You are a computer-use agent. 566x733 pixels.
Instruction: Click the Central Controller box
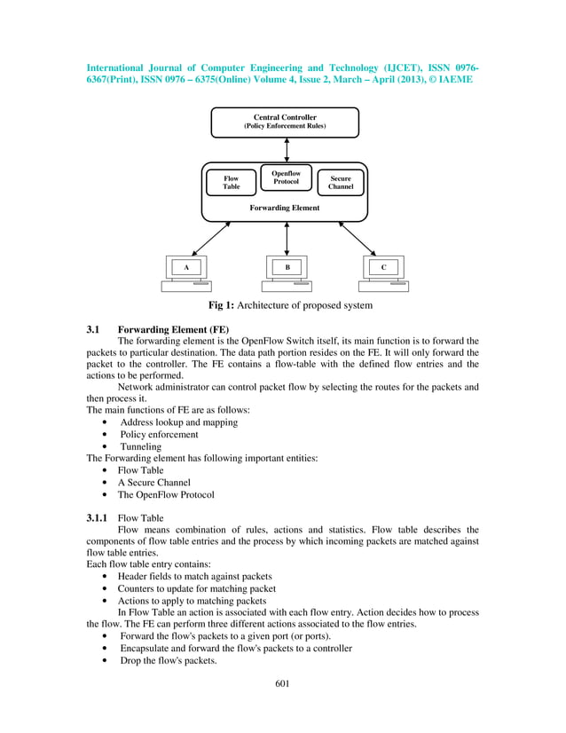pos(285,122)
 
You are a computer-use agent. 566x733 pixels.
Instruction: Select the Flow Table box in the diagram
pos(231,183)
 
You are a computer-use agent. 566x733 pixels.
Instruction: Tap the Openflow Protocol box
pos(286,177)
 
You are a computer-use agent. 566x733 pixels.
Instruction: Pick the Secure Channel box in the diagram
pos(341,183)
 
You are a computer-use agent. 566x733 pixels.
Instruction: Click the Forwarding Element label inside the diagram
pos(286,209)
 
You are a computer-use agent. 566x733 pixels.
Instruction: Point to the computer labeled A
pos(186,272)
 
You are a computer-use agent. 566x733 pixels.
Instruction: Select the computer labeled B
pos(287,272)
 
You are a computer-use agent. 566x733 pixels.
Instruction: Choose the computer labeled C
pos(383,272)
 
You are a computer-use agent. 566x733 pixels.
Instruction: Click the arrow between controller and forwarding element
pos(286,150)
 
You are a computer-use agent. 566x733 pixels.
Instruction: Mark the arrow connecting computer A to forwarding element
pos(212,238)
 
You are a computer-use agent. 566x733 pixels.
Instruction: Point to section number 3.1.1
pos(98,516)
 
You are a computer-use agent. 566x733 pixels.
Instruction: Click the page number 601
pos(283,682)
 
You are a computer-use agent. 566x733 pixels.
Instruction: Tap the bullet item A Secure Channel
pos(153,483)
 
